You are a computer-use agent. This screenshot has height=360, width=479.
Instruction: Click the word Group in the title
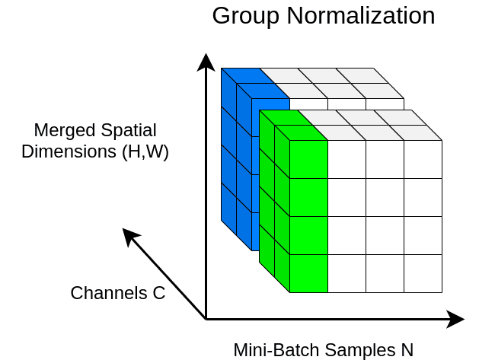[x=246, y=17]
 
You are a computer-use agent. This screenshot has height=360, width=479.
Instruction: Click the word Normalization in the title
[x=361, y=15]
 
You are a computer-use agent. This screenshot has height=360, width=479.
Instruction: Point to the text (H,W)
[x=145, y=151]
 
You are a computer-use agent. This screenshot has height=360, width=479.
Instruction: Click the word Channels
[x=109, y=293]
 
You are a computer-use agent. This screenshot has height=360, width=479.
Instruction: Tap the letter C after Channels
[x=159, y=293]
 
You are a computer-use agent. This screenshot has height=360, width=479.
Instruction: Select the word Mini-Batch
[x=276, y=350]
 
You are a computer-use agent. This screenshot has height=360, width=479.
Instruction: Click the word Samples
[x=360, y=350]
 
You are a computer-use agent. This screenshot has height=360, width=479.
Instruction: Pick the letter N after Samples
[x=407, y=350]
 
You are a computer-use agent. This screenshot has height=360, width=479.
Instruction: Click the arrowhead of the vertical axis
[x=206, y=62]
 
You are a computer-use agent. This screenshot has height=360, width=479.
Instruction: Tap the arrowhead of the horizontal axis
[x=455, y=319]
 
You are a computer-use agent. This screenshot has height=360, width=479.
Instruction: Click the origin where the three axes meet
[x=206, y=319]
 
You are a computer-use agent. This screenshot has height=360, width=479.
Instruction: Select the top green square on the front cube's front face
[x=308, y=159]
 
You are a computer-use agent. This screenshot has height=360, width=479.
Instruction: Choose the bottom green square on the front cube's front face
[x=308, y=273]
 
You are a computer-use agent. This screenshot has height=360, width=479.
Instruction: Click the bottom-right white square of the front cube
[x=423, y=273]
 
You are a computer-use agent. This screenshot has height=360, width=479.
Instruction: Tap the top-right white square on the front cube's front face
[x=423, y=159]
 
